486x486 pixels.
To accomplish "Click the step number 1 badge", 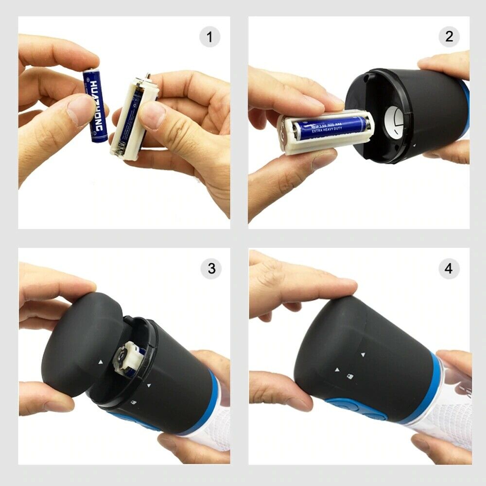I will click(210, 37).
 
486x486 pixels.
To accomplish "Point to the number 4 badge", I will click(449, 269).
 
